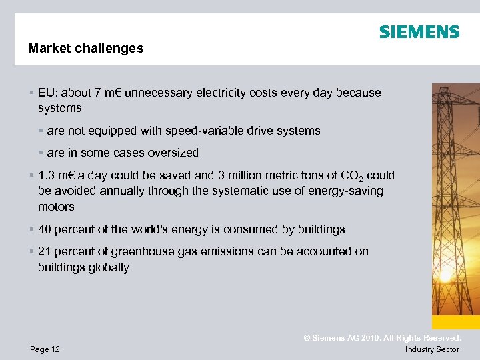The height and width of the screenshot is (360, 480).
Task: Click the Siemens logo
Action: [419, 32]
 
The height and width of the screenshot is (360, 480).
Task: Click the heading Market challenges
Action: [85, 49]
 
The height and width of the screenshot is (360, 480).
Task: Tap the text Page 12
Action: [45, 349]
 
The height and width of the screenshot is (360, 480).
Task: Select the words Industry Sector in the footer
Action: [432, 349]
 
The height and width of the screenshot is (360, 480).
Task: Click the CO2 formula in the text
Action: [350, 176]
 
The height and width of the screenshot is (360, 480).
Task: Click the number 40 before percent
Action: [45, 229]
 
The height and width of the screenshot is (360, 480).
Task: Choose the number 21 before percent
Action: [45, 251]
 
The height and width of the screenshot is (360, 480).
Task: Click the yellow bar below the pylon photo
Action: [455, 322]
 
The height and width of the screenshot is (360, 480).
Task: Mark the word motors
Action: [56, 207]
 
